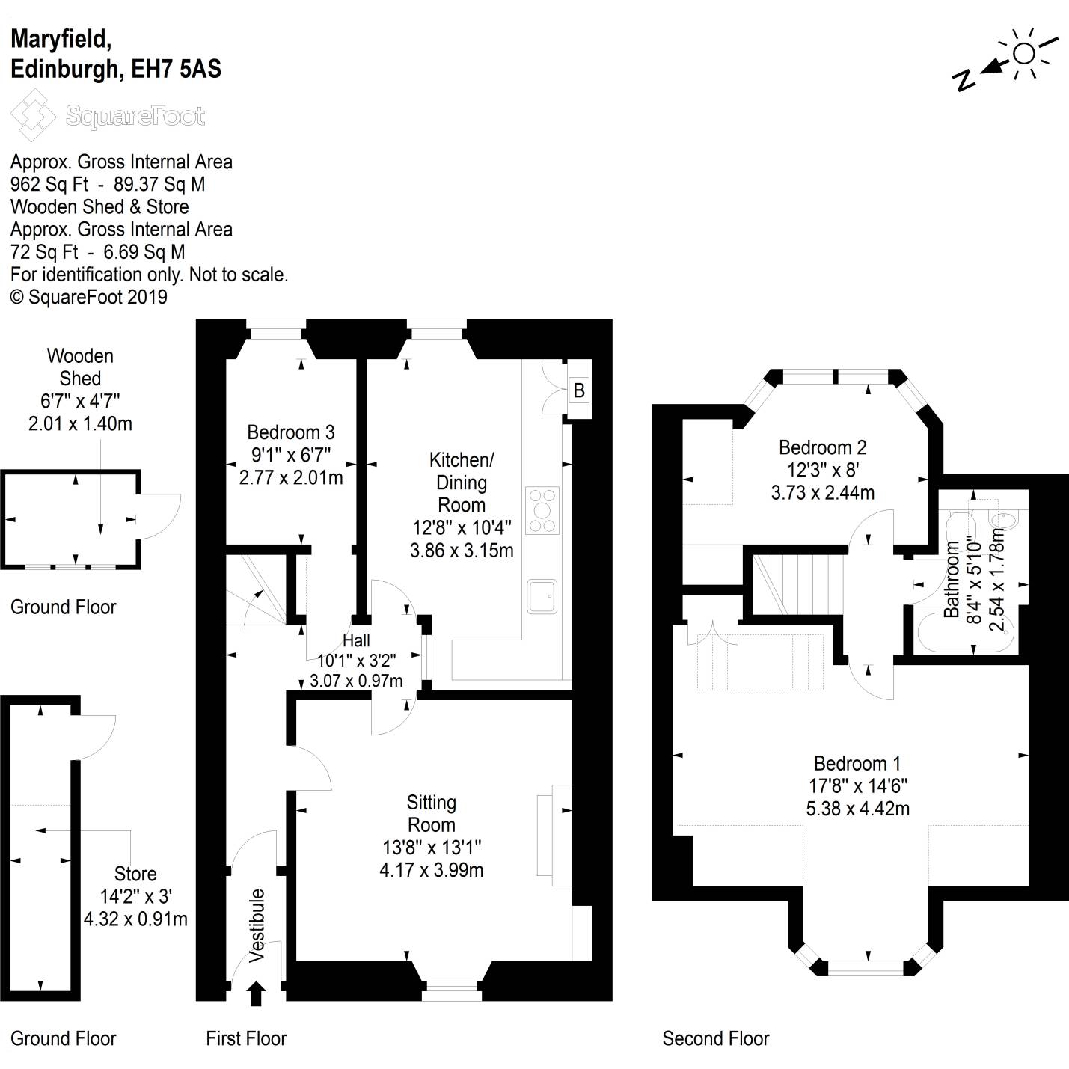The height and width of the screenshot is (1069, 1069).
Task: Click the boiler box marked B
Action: pos(579,390)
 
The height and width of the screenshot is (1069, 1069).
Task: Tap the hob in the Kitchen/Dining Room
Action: pos(542,510)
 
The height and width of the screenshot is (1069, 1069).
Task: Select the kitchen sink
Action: pos(542,596)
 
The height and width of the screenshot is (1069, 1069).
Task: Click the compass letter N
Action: pos(964,81)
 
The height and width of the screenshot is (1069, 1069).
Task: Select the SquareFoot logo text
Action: pos(135,116)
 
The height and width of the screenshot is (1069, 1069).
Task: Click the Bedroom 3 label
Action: pos(291,432)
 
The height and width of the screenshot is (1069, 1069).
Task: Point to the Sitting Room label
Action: pos(432,813)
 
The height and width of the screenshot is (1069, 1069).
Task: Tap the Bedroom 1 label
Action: pos(857,763)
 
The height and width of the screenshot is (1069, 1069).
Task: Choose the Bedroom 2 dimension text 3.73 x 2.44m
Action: pos(823,492)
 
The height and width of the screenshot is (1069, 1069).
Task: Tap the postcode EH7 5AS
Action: pos(176,70)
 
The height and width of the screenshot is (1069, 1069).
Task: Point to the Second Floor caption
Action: pos(716,1038)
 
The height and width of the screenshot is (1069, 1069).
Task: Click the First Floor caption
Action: pos(246,1038)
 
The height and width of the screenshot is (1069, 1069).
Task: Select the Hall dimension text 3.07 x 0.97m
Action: pos(356,681)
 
